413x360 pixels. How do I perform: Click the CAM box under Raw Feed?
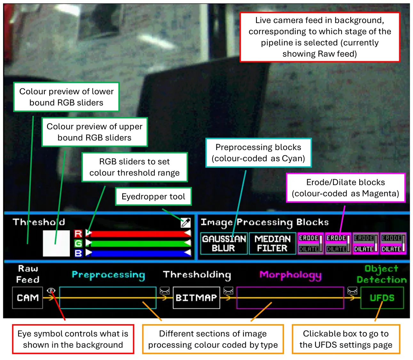click(x=28, y=298)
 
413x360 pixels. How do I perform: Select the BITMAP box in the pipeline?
click(x=196, y=298)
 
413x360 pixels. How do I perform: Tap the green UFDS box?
click(x=382, y=298)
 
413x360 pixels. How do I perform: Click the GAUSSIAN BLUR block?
click(x=224, y=244)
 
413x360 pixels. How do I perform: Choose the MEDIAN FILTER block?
click(x=272, y=244)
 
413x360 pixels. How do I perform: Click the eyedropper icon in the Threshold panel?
click(x=186, y=223)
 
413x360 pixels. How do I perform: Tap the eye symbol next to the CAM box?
click(x=51, y=291)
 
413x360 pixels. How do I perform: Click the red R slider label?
click(x=78, y=234)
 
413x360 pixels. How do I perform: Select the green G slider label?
click(x=78, y=244)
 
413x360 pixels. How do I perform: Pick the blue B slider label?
click(x=78, y=253)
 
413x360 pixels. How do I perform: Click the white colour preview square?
click(x=56, y=243)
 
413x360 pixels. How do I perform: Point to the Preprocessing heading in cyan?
click(x=108, y=275)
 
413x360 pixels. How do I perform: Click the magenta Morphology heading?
click(x=290, y=275)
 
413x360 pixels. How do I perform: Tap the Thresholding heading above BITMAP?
click(x=197, y=275)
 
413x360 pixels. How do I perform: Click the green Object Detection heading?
click(x=382, y=274)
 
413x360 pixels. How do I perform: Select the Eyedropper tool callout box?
click(x=153, y=196)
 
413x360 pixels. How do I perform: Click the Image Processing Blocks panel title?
click(x=265, y=222)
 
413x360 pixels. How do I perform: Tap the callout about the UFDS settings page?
click(x=346, y=339)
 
